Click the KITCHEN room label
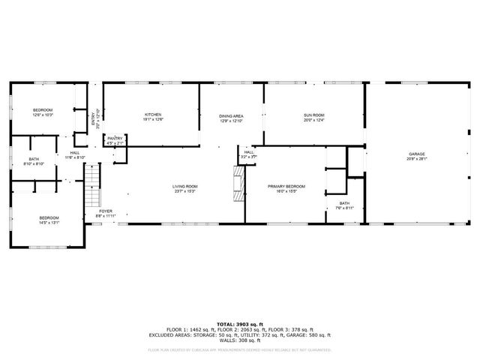pos(153,114)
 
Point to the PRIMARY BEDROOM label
pos(286,185)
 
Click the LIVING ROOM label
pos(184,185)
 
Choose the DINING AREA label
pos(231,115)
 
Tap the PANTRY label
pos(115,138)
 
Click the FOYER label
pos(106,211)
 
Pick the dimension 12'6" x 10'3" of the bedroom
pos(42,115)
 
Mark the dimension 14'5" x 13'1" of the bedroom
pos(49,222)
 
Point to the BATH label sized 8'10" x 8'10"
pos(34,158)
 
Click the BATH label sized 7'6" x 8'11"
pos(343,202)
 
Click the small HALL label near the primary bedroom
pos(249,152)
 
